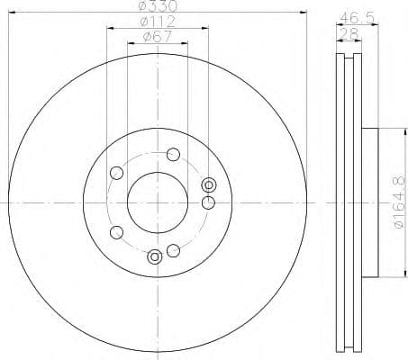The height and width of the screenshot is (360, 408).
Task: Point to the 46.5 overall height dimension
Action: (x=357, y=16)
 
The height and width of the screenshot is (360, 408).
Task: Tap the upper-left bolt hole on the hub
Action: (x=115, y=173)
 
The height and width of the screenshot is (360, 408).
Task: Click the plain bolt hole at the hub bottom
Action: (x=172, y=249)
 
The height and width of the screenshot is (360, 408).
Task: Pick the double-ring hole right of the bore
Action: (x=209, y=185)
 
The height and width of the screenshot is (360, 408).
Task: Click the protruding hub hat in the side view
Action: (x=369, y=204)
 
